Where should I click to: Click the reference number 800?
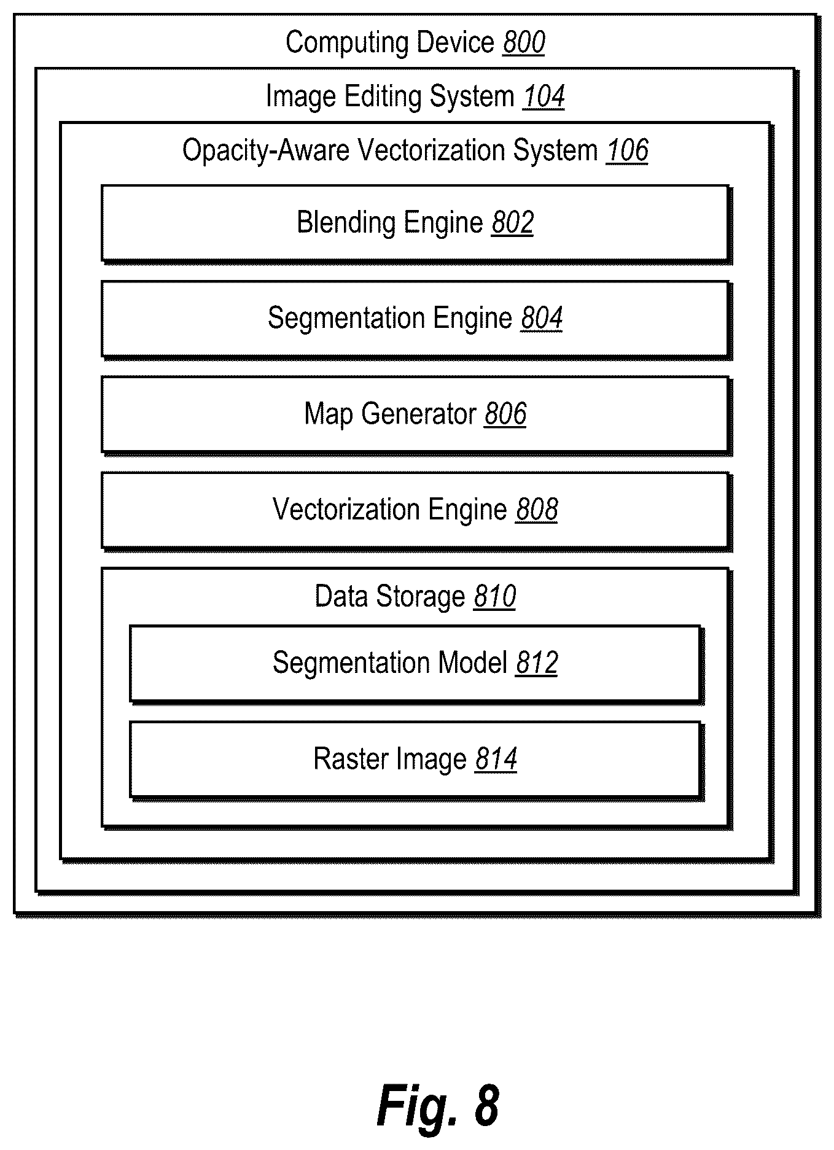(x=524, y=43)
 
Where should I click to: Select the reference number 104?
(x=544, y=97)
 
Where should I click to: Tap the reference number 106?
(x=627, y=150)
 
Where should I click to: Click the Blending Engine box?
(x=416, y=224)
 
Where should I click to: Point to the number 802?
(x=513, y=222)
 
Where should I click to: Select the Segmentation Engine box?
(x=416, y=320)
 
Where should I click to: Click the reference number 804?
(x=542, y=318)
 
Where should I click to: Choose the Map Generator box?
(x=416, y=416)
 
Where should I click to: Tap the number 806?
(x=505, y=414)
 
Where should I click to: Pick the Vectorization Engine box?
(x=416, y=511)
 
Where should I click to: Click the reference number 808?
(x=537, y=510)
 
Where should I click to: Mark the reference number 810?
(x=495, y=597)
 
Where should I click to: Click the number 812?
(x=537, y=663)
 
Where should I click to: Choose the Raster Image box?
(x=416, y=761)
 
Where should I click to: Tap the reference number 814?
(x=496, y=759)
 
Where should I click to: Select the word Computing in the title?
(x=347, y=44)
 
